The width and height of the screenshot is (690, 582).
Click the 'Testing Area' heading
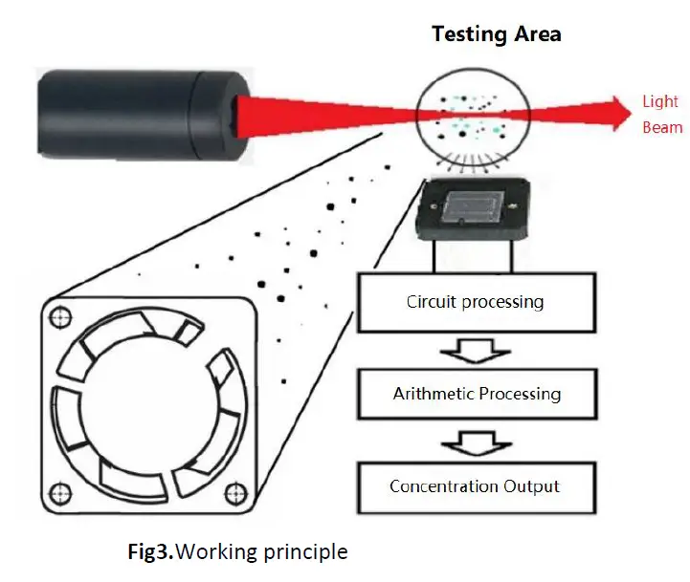pyautogui.click(x=496, y=34)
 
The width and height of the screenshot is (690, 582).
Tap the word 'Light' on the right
pyautogui.click(x=660, y=102)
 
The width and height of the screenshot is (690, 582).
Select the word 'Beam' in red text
pyautogui.click(x=662, y=127)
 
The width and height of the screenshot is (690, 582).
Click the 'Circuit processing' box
pyautogui.click(x=475, y=303)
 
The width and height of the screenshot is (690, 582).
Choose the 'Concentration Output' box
pyautogui.click(x=475, y=485)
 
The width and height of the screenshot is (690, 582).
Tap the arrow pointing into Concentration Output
pyautogui.click(x=476, y=441)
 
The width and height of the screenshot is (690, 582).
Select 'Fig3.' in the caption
pyautogui.click(x=151, y=551)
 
